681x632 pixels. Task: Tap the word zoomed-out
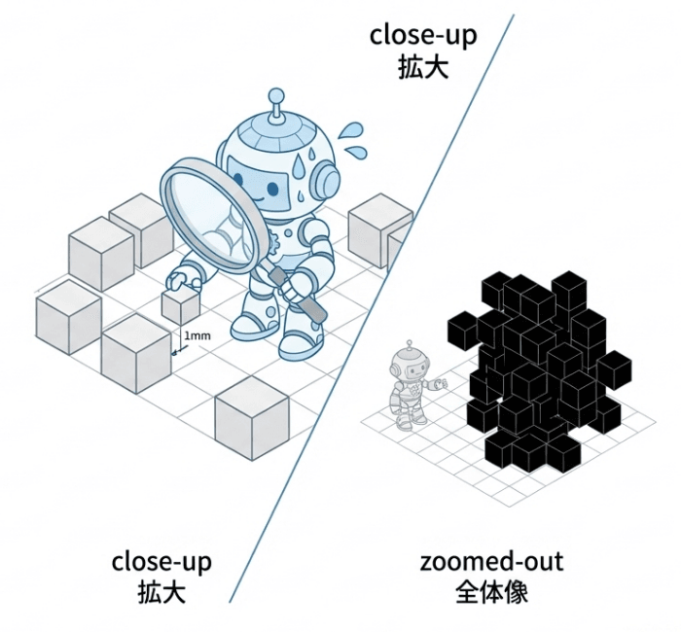click(491, 562)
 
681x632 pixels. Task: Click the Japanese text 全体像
click(491, 592)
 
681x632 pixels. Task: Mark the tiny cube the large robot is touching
click(181, 306)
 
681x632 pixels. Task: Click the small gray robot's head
click(408, 366)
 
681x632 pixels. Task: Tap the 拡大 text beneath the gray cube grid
click(161, 592)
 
